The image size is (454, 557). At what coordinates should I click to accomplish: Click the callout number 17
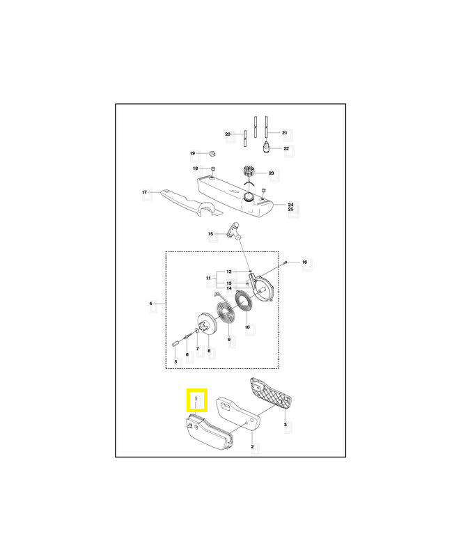pos(144,192)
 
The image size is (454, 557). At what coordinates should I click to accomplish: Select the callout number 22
pos(285,148)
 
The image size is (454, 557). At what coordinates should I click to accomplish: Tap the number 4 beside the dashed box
pos(150,304)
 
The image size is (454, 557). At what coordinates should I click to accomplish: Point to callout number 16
pos(304,262)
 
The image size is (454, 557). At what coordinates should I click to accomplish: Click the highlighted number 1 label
pos(196,399)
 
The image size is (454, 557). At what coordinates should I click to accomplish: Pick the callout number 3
pos(285,423)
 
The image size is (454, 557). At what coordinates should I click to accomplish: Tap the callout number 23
pos(272,173)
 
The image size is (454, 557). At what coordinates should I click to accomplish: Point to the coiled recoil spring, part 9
pos(227,311)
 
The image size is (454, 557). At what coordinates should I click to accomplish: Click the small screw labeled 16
pos(286,261)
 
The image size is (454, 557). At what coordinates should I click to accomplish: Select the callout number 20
pos(228,134)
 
